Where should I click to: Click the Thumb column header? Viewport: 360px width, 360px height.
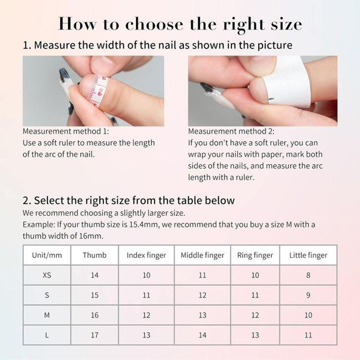click(x=95, y=255)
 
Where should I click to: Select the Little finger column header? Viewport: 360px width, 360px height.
click(x=308, y=255)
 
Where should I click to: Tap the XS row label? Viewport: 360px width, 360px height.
click(x=47, y=275)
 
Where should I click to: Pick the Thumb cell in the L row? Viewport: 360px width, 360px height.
click(x=95, y=335)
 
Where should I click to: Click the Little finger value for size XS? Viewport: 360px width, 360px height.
click(x=308, y=275)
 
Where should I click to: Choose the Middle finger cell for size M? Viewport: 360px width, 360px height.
click(x=202, y=315)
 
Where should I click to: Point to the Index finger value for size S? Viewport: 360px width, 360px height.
click(x=146, y=295)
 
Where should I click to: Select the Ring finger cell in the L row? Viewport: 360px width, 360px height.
click(x=255, y=335)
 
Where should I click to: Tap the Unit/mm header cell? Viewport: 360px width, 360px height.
click(x=47, y=255)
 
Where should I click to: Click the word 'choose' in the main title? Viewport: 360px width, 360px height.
click(x=154, y=24)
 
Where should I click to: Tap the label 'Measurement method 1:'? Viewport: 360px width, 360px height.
click(x=66, y=131)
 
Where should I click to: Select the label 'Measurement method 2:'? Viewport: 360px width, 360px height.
click(x=231, y=131)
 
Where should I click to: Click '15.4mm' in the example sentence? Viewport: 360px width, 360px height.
click(x=144, y=224)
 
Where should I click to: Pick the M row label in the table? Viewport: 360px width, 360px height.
click(x=47, y=315)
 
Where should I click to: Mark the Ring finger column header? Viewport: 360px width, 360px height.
click(x=255, y=255)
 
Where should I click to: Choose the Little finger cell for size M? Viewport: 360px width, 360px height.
click(x=308, y=315)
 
